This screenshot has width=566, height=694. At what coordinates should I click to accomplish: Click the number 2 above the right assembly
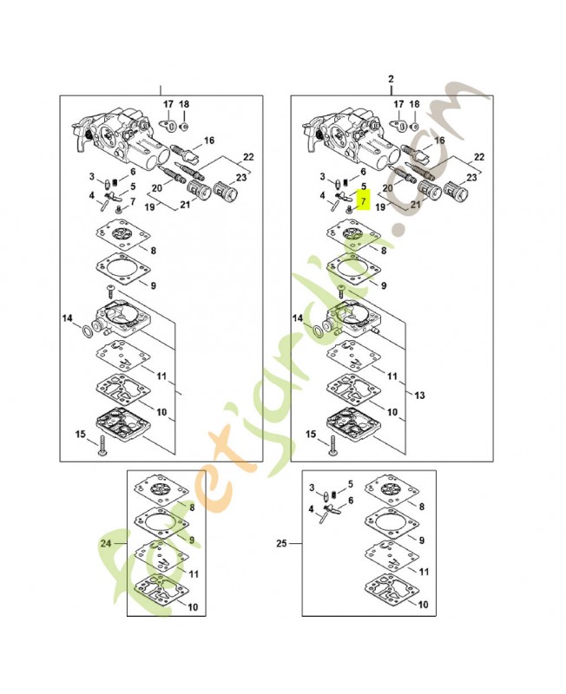[x=392, y=79]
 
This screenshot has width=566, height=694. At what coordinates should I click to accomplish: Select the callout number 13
[x=420, y=395]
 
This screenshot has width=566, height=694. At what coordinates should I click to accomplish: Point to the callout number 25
[x=281, y=544]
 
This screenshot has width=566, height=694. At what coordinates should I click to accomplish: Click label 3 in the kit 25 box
[x=313, y=488]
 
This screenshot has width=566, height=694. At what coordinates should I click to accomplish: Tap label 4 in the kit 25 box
[x=311, y=509]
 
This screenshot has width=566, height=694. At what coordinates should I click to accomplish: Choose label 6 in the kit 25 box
[x=351, y=501]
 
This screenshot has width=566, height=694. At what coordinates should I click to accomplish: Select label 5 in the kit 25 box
[x=351, y=484]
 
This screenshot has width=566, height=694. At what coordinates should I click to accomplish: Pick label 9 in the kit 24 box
[x=191, y=539]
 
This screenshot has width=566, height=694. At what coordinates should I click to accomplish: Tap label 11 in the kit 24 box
[x=194, y=574]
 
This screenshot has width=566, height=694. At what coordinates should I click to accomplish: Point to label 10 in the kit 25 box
[x=424, y=606]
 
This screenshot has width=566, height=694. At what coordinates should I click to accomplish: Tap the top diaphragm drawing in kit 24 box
[x=158, y=488]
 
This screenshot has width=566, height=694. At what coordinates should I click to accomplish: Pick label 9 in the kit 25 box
[x=421, y=540]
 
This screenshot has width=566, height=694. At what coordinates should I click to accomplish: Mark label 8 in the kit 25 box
[x=421, y=505]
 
